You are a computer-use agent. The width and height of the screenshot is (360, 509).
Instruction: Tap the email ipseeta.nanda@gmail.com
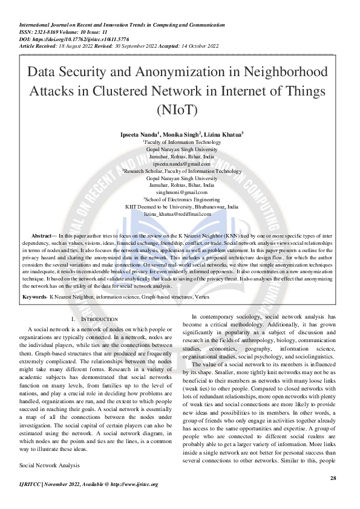coord(182,164)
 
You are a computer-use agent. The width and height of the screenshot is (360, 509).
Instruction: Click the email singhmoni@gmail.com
coord(182,192)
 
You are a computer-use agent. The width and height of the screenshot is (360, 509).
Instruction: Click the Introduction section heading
coord(97,319)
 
